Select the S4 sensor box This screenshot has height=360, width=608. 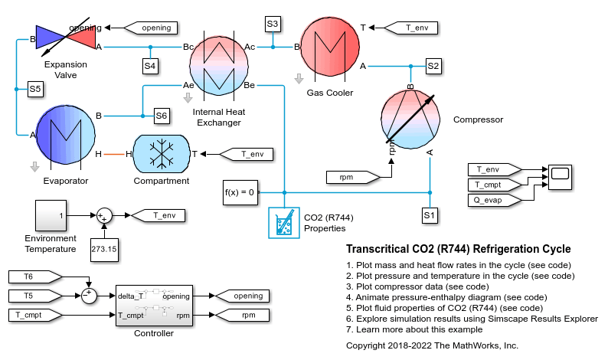tap(150, 66)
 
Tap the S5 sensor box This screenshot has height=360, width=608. tap(35, 90)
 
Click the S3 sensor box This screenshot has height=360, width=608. tap(273, 24)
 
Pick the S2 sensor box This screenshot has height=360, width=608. tap(433, 66)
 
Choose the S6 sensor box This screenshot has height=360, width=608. tap(160, 116)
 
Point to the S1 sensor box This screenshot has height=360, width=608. tap(430, 215)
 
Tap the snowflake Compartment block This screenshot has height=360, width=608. tap(161, 154)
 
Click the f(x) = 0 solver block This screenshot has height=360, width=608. tap(240, 191)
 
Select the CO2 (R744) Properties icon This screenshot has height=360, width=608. tap(283, 224)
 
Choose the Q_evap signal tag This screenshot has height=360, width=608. tap(493, 200)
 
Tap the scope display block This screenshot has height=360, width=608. tap(559, 175)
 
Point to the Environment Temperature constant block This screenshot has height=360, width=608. tap(50, 216)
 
